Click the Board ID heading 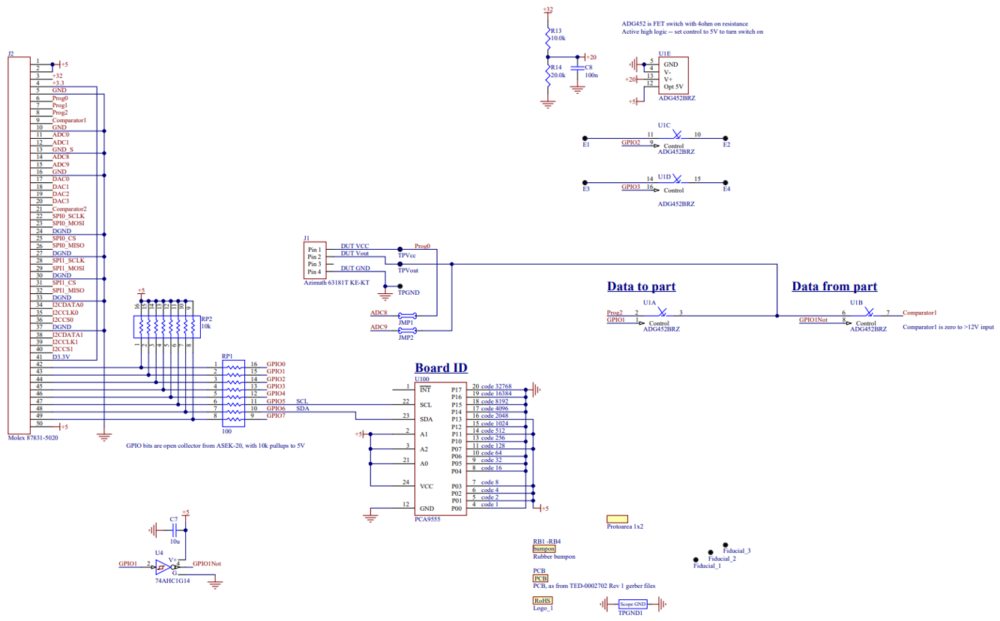(x=441, y=367)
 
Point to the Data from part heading (x=834, y=286)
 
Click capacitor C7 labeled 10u (x=173, y=529)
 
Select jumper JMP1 (x=406, y=316)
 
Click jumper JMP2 (x=406, y=330)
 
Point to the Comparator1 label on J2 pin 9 (x=69, y=120)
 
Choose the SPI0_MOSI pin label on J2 (x=68, y=223)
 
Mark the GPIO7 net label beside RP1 (x=276, y=415)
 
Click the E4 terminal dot (x=726, y=182)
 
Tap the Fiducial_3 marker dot (x=725, y=544)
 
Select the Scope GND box (x=633, y=604)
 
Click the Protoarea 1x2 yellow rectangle (x=617, y=518)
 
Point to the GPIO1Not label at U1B (x=813, y=319)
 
